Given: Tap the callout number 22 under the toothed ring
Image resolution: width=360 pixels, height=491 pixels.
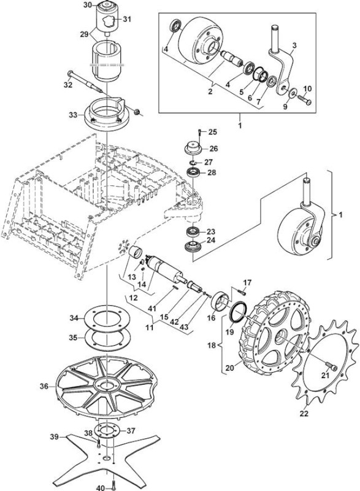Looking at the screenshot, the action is tap(304, 413).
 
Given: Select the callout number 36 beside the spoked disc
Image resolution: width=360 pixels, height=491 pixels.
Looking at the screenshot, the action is tap(44, 387).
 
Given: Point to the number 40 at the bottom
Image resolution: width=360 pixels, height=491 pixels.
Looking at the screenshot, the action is tap(101, 488).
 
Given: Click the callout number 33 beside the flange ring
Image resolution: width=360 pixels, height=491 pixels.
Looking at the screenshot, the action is tap(73, 115).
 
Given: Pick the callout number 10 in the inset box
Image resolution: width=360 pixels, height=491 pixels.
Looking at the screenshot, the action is tap(307, 88).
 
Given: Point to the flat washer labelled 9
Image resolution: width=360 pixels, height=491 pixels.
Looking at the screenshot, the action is tap(294, 93).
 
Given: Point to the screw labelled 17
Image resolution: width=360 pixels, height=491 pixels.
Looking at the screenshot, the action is tap(242, 293).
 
